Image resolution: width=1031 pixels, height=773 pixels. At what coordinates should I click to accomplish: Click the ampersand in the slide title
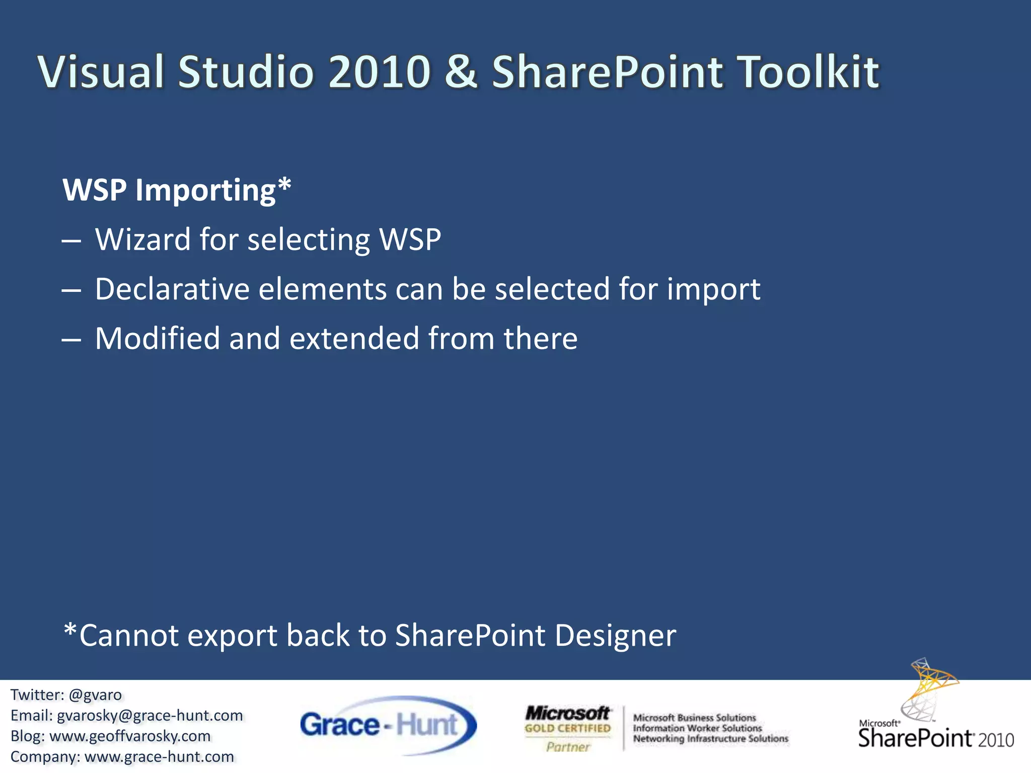point(461,71)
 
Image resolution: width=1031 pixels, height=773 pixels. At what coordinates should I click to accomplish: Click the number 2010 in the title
point(380,71)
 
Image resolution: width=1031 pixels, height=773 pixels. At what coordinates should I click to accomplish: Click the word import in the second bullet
point(713,290)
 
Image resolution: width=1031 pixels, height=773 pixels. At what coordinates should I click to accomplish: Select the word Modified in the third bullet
point(157,338)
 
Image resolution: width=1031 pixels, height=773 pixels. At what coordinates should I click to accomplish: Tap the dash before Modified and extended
point(71,340)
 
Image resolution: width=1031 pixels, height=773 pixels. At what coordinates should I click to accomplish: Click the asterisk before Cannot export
point(70,630)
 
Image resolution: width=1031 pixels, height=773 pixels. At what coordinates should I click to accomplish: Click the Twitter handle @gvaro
point(95,695)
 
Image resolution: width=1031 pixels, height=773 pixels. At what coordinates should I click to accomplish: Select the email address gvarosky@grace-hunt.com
point(150,716)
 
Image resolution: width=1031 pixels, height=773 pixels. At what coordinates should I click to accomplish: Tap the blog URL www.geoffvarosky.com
point(130,736)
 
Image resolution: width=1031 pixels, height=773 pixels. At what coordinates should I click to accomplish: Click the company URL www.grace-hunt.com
point(159,757)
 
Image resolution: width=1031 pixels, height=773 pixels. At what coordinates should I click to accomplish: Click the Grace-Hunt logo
point(388,725)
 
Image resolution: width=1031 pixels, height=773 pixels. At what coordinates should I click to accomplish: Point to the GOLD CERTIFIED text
point(567,728)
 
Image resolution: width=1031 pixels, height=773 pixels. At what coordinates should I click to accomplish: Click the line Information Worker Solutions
point(697,728)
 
